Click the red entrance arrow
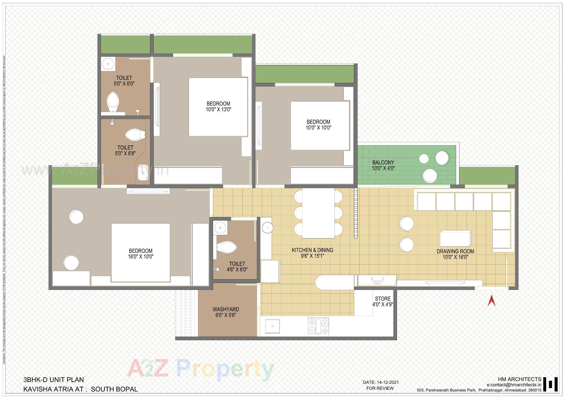pyautogui.click(x=491, y=301)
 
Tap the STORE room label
pyautogui.click(x=383, y=299)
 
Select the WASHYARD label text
pyautogui.click(x=226, y=309)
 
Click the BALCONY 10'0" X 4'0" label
pyautogui.click(x=383, y=165)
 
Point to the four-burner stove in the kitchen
pyautogui.click(x=318, y=326)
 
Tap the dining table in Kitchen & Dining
pyautogui.click(x=318, y=213)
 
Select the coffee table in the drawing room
pyautogui.click(x=455, y=238)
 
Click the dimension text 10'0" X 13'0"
pyautogui.click(x=218, y=110)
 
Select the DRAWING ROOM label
pyautogui.click(x=455, y=251)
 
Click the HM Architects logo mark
pyautogui.click(x=551, y=384)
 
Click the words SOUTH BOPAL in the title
pyautogui.click(x=114, y=389)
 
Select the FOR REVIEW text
pyautogui.click(x=380, y=388)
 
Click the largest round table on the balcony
pyautogui.click(x=443, y=158)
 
